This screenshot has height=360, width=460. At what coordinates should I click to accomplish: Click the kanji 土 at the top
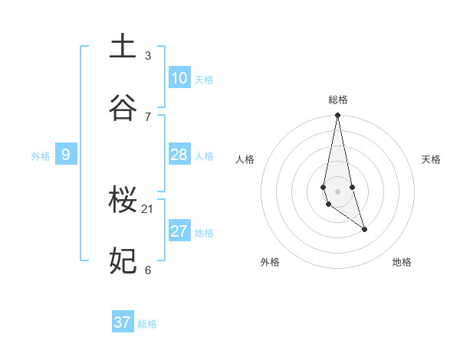(123, 47)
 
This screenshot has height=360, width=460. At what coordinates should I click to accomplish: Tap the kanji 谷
(123, 108)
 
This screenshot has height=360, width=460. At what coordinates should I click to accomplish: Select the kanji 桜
(123, 201)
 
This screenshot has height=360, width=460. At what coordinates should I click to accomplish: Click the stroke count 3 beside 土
(148, 55)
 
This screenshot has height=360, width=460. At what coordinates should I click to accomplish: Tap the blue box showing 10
(179, 78)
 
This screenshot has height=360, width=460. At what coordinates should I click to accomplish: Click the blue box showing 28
(179, 155)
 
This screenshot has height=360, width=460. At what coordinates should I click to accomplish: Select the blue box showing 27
(179, 231)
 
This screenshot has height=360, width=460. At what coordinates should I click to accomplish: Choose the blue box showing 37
(123, 322)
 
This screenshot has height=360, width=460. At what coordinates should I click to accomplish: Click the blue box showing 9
(66, 155)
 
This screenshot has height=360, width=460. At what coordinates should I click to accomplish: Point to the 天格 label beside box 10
(204, 80)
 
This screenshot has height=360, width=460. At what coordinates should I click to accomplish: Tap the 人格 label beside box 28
(204, 156)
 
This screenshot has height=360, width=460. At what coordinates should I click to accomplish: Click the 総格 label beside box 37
(147, 324)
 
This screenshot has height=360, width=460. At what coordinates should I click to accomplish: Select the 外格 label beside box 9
(41, 156)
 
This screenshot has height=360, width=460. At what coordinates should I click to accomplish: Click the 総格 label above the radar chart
(338, 100)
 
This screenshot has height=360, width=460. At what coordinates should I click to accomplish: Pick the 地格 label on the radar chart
(402, 262)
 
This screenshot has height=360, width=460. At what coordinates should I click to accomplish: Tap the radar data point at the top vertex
(338, 116)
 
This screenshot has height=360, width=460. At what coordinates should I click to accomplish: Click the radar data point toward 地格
(364, 229)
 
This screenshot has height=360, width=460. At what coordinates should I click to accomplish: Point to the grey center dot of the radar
(338, 191)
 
